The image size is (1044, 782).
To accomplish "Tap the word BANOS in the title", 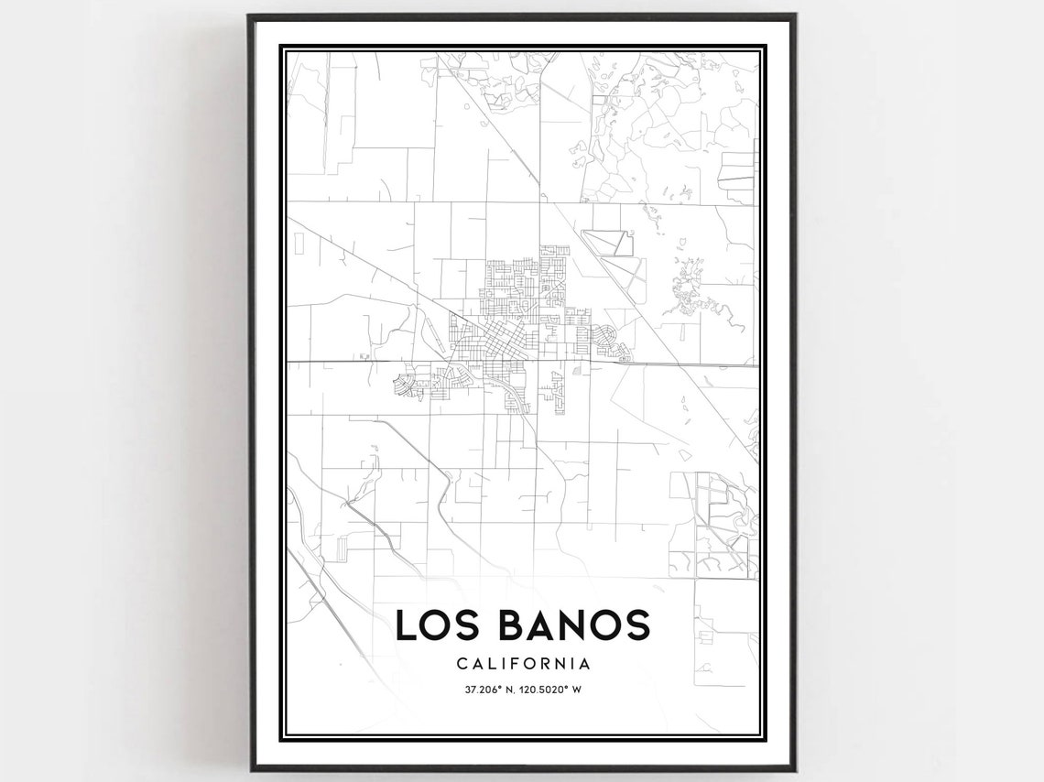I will tap(574, 625).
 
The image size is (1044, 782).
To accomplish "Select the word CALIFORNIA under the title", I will tap(522, 664).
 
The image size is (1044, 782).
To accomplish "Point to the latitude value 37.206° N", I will tap(484, 690).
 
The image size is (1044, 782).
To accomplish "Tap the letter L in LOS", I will tap(405, 625).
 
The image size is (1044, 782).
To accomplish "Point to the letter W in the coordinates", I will tap(578, 690).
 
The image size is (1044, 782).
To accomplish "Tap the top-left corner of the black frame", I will tap(250, 16).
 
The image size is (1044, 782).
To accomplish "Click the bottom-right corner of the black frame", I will tap(794, 768).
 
